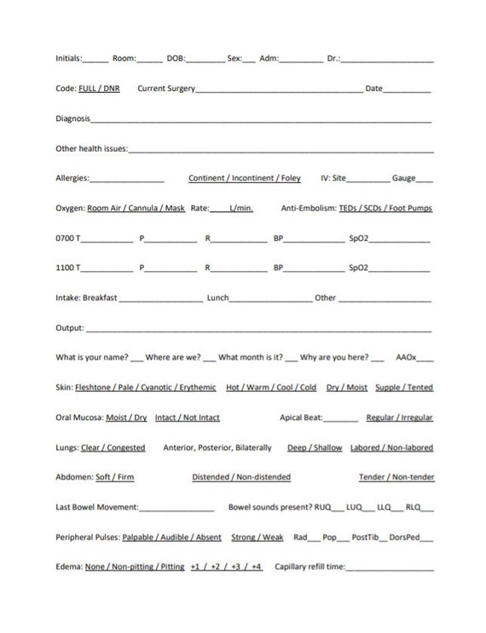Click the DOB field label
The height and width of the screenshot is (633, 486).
tap(176, 59)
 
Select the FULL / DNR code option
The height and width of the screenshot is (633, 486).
tap(99, 89)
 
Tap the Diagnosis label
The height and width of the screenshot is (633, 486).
tap(73, 118)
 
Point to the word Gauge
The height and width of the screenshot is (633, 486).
tap(403, 178)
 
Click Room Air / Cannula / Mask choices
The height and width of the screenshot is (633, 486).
tap(136, 208)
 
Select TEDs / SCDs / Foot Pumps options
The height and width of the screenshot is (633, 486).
tap(385, 208)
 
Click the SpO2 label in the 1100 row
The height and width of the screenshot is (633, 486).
tap(358, 268)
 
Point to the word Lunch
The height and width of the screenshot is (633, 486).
tap(217, 298)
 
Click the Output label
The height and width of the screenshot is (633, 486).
tap(69, 328)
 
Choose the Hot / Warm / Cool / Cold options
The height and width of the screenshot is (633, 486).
tap(271, 387)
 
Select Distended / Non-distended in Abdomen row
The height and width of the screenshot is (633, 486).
tap(241, 477)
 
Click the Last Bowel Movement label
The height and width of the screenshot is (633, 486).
tap(96, 507)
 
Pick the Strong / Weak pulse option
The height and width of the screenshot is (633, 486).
tap(257, 537)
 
